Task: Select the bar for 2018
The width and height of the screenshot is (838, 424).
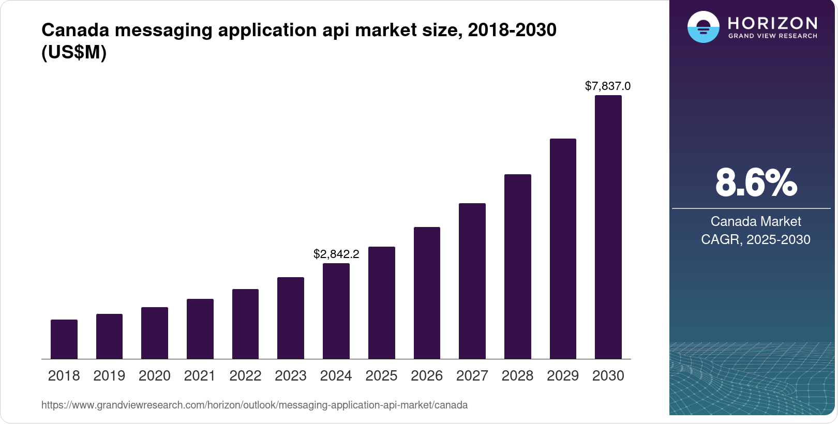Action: tap(64, 339)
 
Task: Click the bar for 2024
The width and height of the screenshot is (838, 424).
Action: tap(336, 311)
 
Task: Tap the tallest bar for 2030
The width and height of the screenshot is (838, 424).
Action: tap(608, 227)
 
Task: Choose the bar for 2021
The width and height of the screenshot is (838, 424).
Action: tap(200, 329)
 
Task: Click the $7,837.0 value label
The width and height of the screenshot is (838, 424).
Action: tap(608, 86)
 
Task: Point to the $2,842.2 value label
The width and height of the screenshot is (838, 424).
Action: tap(336, 254)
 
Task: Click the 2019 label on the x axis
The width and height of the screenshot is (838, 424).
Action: tap(109, 376)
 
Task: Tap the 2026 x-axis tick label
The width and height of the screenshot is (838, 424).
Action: tap(427, 376)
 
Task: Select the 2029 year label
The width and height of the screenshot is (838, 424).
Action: tap(563, 376)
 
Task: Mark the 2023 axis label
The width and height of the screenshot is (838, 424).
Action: tap(291, 376)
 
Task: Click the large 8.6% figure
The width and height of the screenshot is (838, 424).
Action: tap(756, 183)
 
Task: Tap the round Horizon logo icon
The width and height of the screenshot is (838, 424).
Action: tap(703, 27)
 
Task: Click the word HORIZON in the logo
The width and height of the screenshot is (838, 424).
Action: tap(773, 23)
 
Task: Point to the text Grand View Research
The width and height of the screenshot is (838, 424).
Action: tap(773, 36)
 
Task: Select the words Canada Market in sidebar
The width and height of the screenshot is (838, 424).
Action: tap(756, 221)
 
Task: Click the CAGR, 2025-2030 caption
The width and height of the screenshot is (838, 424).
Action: tap(756, 239)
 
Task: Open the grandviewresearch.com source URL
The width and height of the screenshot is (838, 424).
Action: tap(255, 405)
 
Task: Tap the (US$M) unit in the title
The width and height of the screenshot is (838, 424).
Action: tap(74, 52)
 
